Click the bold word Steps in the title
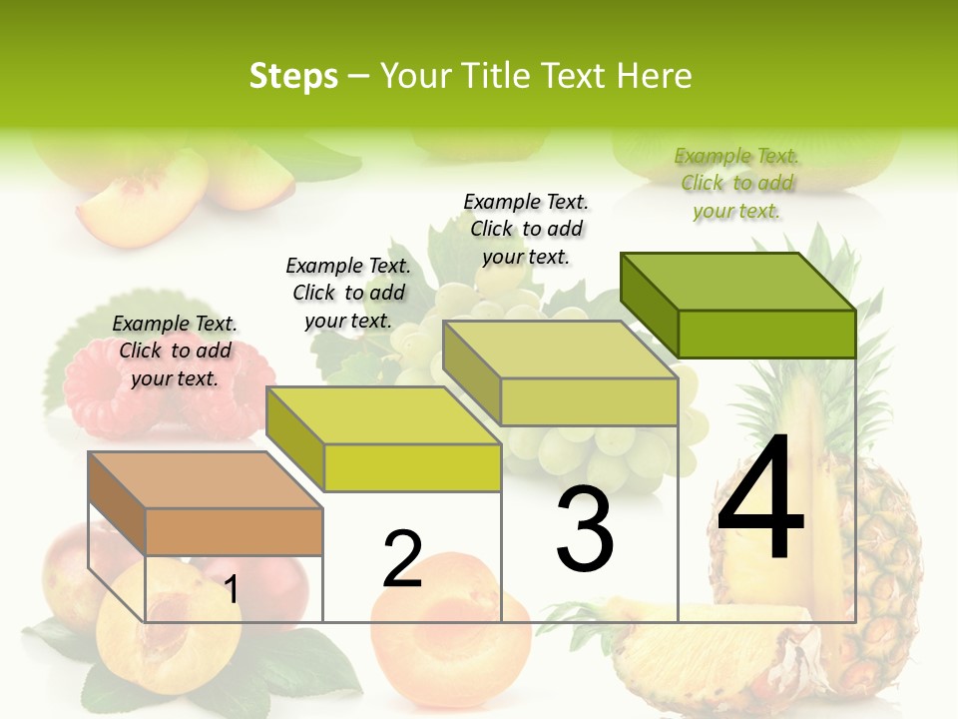[x=293, y=77]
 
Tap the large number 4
[x=760, y=499]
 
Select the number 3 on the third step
[x=585, y=529]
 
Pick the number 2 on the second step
[x=403, y=560]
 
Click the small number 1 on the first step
[x=231, y=590]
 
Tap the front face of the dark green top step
[x=766, y=334]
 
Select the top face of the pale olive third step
[x=559, y=350]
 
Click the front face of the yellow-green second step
[x=412, y=467]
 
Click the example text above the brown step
[x=175, y=351]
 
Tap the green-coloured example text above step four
[x=736, y=183]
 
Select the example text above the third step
[x=526, y=229]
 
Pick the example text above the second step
[x=348, y=293]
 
